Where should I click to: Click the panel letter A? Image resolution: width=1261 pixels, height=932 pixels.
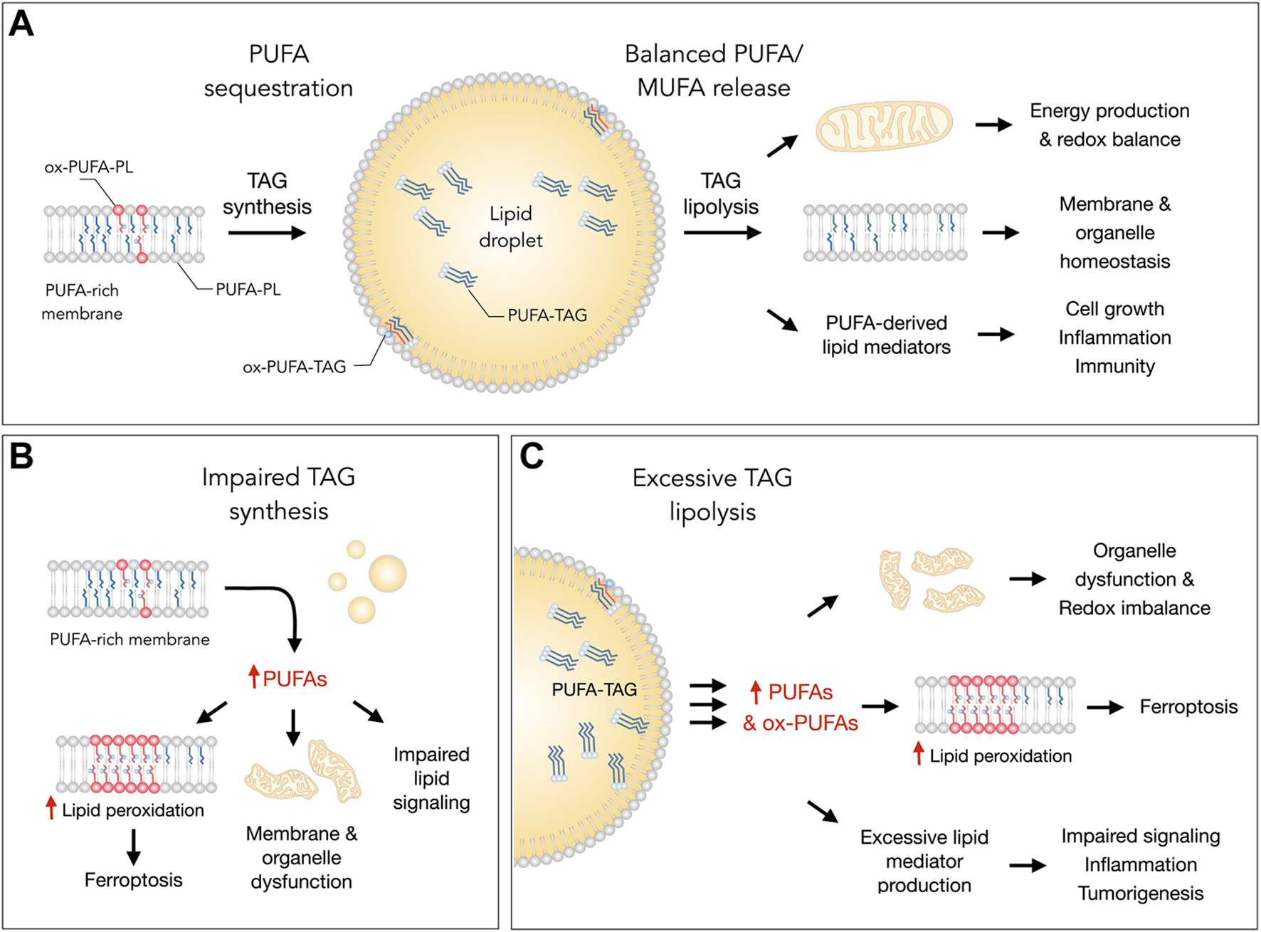(21, 24)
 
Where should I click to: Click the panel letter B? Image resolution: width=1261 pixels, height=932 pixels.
(21, 456)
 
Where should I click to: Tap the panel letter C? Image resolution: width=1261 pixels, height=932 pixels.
(532, 456)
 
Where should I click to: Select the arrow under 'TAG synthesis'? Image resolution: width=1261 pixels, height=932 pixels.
(267, 233)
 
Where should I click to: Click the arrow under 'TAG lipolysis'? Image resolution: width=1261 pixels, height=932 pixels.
(722, 233)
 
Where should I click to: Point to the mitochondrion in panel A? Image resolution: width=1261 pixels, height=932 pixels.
(884, 126)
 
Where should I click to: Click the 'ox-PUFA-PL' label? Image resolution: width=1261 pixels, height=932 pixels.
(89, 167)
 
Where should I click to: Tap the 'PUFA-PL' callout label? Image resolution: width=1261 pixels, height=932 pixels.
(248, 290)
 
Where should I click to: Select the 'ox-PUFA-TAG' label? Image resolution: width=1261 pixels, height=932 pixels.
(295, 367)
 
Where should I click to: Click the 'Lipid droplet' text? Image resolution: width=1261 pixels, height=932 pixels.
(510, 226)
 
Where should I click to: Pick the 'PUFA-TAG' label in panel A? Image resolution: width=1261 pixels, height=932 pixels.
(547, 315)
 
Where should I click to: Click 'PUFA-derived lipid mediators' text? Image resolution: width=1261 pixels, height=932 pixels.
(886, 335)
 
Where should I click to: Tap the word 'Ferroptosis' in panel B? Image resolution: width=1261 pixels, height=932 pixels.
(133, 880)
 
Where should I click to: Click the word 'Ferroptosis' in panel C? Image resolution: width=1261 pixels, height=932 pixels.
(1188, 706)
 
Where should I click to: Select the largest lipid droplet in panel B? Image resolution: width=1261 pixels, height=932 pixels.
(387, 573)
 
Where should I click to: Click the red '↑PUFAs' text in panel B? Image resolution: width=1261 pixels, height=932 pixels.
(287, 679)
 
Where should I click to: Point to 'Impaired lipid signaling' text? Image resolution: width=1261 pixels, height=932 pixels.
(431, 778)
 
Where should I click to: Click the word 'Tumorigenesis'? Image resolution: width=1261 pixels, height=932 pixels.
(1140, 894)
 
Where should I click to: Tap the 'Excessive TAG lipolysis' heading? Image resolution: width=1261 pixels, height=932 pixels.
(712, 494)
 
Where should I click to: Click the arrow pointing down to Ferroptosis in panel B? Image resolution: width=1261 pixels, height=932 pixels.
(133, 847)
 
